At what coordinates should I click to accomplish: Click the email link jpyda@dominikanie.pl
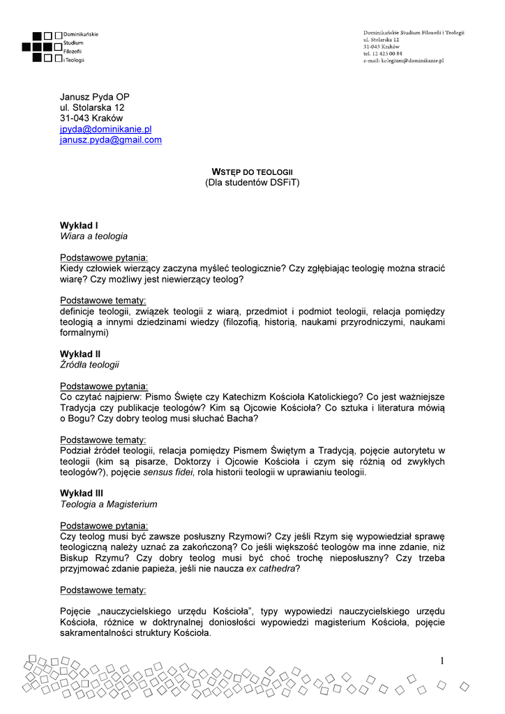click(105, 129)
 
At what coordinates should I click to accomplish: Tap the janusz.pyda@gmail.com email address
click(110, 140)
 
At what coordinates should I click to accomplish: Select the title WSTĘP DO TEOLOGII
click(252, 172)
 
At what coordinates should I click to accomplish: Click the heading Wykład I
click(79, 225)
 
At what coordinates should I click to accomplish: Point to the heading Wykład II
click(80, 354)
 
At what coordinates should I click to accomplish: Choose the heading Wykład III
click(82, 493)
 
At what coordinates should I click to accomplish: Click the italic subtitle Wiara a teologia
click(93, 236)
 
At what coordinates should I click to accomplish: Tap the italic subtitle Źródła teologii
click(89, 365)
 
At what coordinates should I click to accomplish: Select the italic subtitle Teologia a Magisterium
click(108, 504)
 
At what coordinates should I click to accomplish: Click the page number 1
click(442, 661)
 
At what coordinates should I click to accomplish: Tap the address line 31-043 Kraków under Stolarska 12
click(91, 119)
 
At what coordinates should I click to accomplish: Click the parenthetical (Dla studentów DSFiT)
click(252, 183)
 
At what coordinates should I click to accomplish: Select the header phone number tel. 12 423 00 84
click(382, 54)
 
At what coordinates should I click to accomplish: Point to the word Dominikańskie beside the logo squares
click(81, 34)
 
